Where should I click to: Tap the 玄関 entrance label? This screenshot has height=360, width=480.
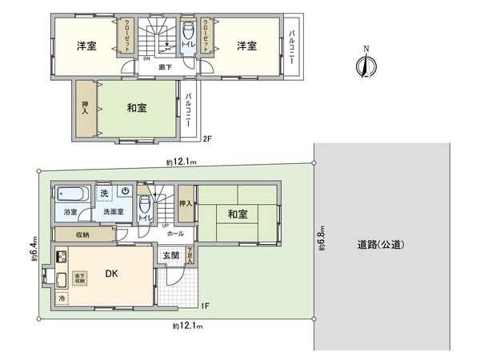(x=171, y=255)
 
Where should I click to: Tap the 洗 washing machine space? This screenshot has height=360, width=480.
(x=103, y=193)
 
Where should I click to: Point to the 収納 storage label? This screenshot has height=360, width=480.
(x=83, y=235)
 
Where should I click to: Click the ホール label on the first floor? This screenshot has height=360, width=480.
(x=175, y=234)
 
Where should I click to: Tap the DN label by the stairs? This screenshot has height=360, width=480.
(x=146, y=58)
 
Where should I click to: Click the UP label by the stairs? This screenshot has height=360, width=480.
(x=165, y=226)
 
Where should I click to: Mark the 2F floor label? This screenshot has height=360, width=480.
(x=206, y=138)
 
